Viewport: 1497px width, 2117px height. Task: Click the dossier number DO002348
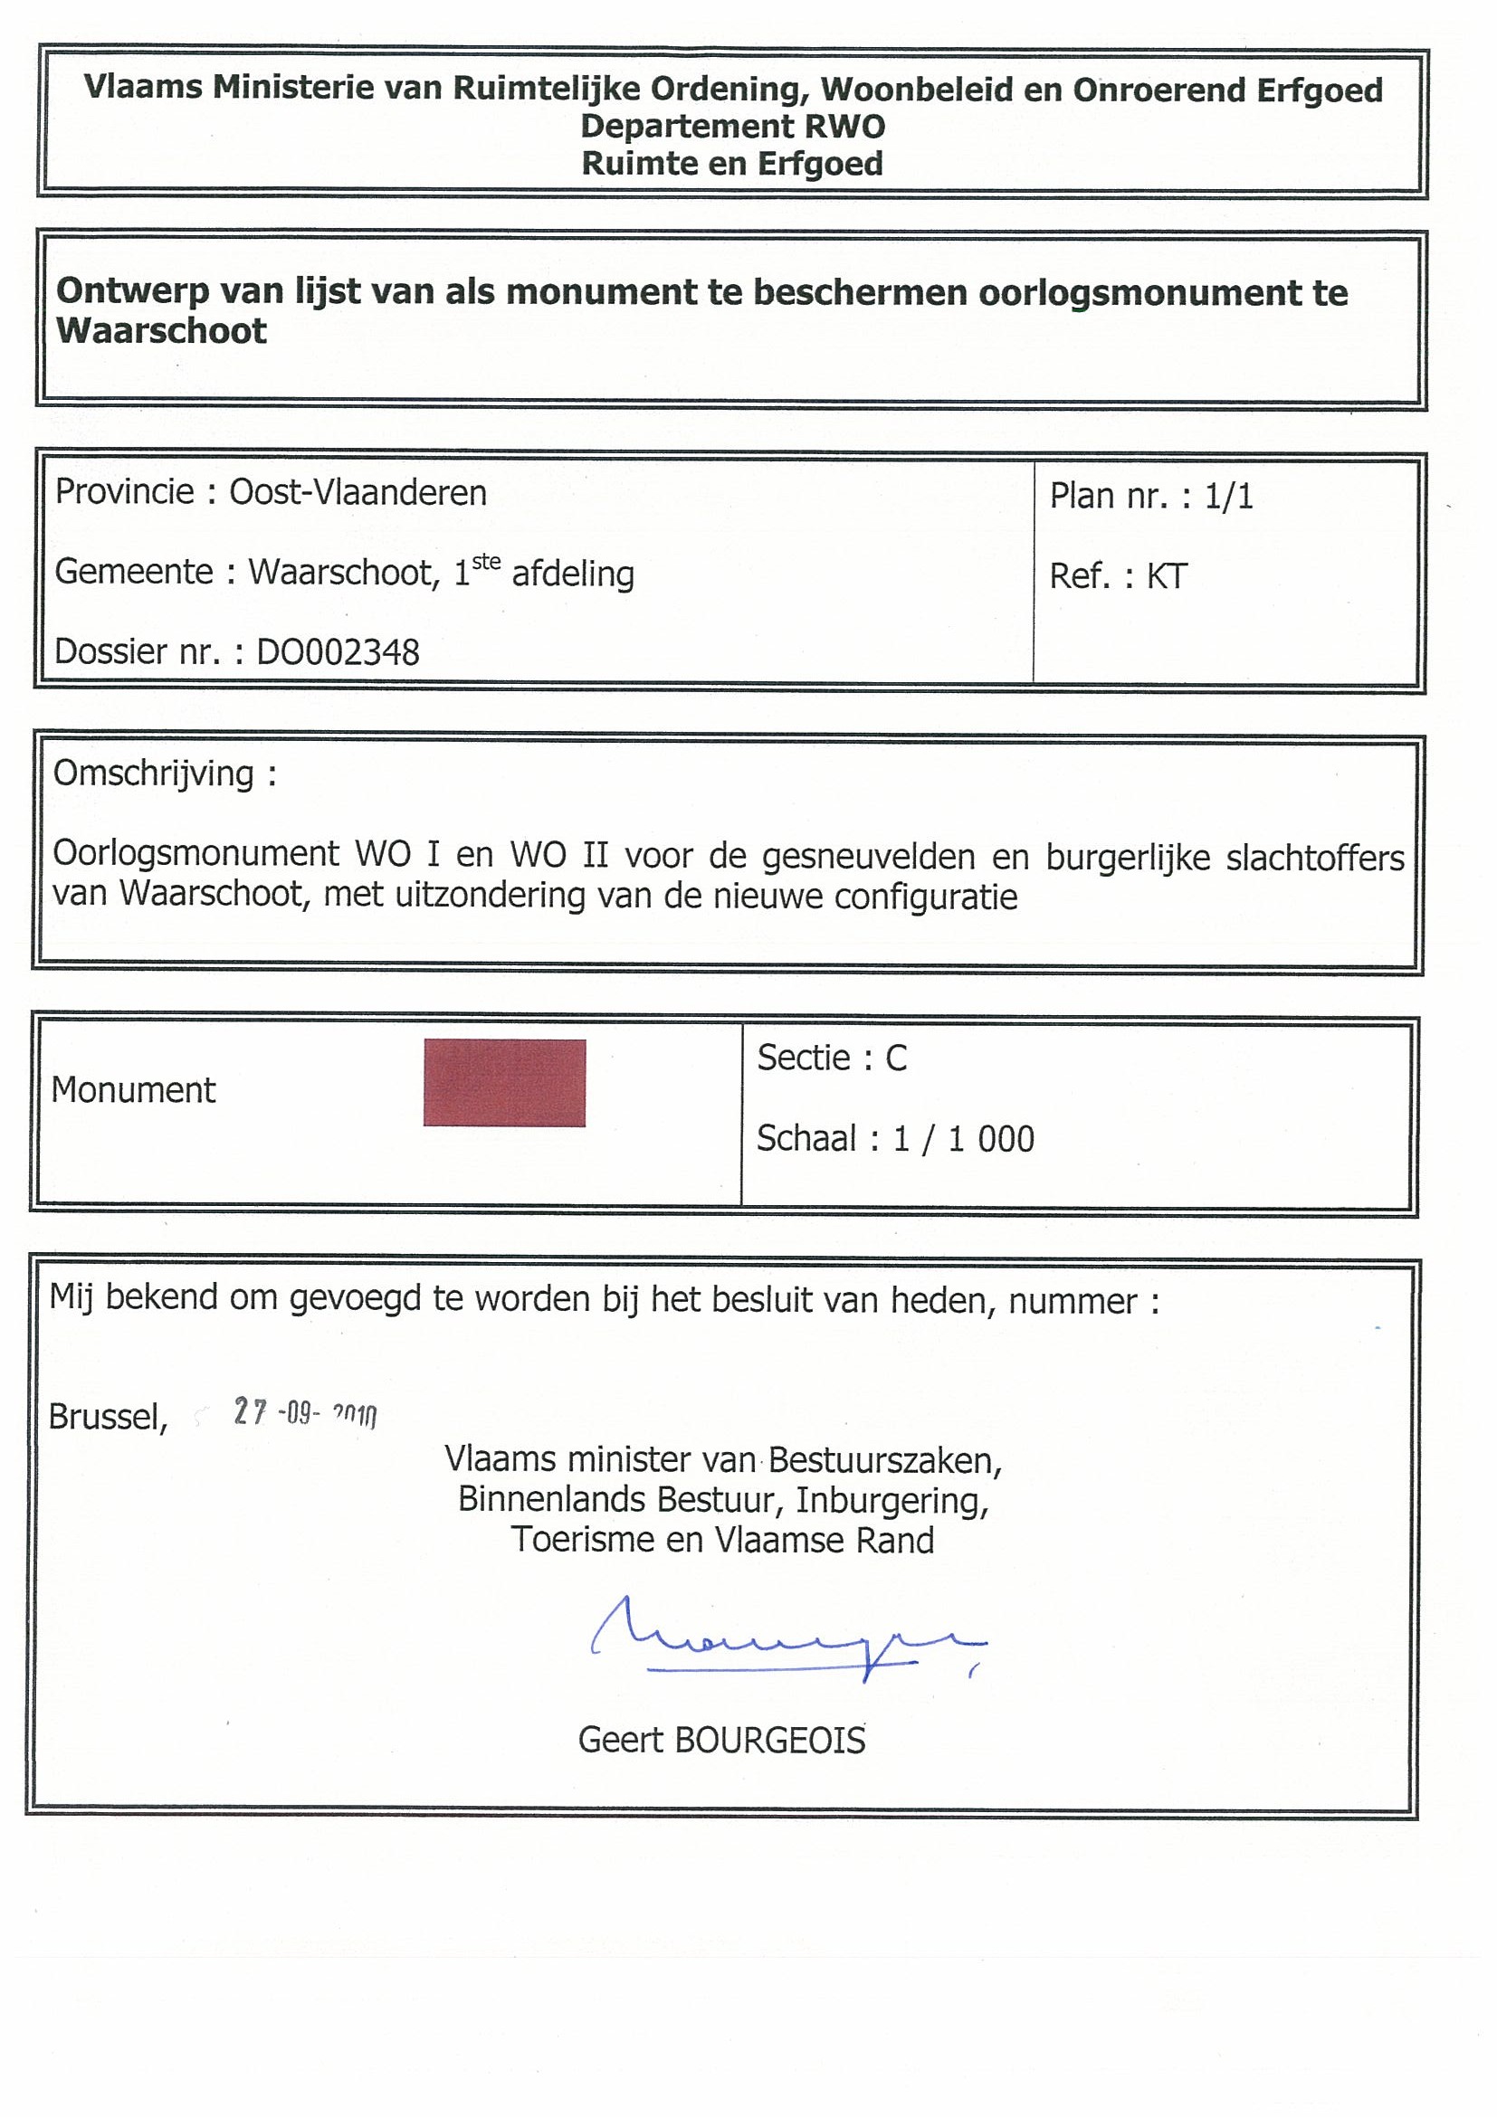pyautogui.click(x=338, y=653)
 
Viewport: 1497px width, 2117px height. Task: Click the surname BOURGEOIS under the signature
pyautogui.click(x=770, y=1741)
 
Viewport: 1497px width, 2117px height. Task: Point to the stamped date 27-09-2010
pyautogui.click(x=304, y=1412)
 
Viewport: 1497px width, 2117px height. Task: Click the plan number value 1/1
pyautogui.click(x=1228, y=497)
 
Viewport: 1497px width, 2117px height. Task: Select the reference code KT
pyautogui.click(x=1167, y=577)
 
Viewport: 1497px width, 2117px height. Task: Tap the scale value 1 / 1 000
pyautogui.click(x=964, y=1140)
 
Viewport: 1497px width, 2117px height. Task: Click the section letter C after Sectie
pyautogui.click(x=897, y=1058)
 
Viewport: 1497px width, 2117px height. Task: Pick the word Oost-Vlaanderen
pyautogui.click(x=358, y=493)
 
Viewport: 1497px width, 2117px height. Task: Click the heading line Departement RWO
pyautogui.click(x=732, y=127)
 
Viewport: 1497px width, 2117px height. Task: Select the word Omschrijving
pyautogui.click(x=153, y=774)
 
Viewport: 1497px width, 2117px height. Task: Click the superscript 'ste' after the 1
pyautogui.click(x=486, y=562)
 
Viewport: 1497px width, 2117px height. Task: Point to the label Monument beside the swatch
pyautogui.click(x=134, y=1090)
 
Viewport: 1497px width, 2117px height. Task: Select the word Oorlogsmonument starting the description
pyautogui.click(x=195, y=854)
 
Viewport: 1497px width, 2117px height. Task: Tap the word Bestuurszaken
pyautogui.click(x=884, y=1459)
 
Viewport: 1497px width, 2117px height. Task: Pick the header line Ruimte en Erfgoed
pyautogui.click(x=732, y=164)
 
